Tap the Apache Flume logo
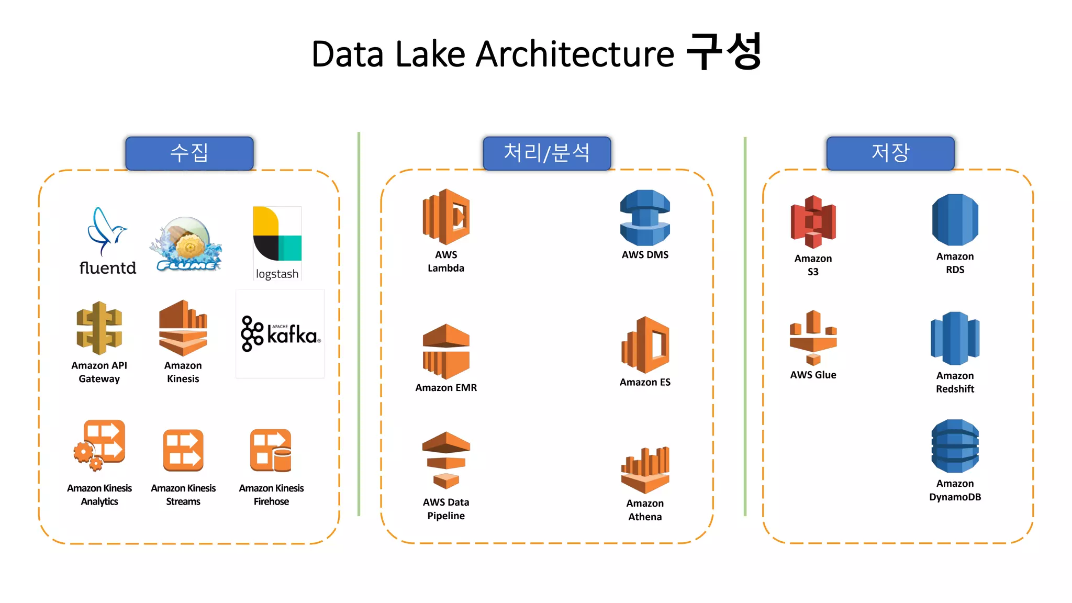[186, 244]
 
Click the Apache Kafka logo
[280, 333]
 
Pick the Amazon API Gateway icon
[99, 328]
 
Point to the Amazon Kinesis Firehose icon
[271, 451]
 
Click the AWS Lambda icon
[446, 217]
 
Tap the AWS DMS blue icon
[645, 218]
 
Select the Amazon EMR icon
[446, 351]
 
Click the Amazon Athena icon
[645, 470]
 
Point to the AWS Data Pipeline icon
[446, 460]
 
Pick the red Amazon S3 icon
[813, 221]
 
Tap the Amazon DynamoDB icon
[955, 446]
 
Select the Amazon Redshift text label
[955, 382]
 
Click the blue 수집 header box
[189, 153]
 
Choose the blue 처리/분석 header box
[546, 153]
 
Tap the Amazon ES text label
[645, 382]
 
